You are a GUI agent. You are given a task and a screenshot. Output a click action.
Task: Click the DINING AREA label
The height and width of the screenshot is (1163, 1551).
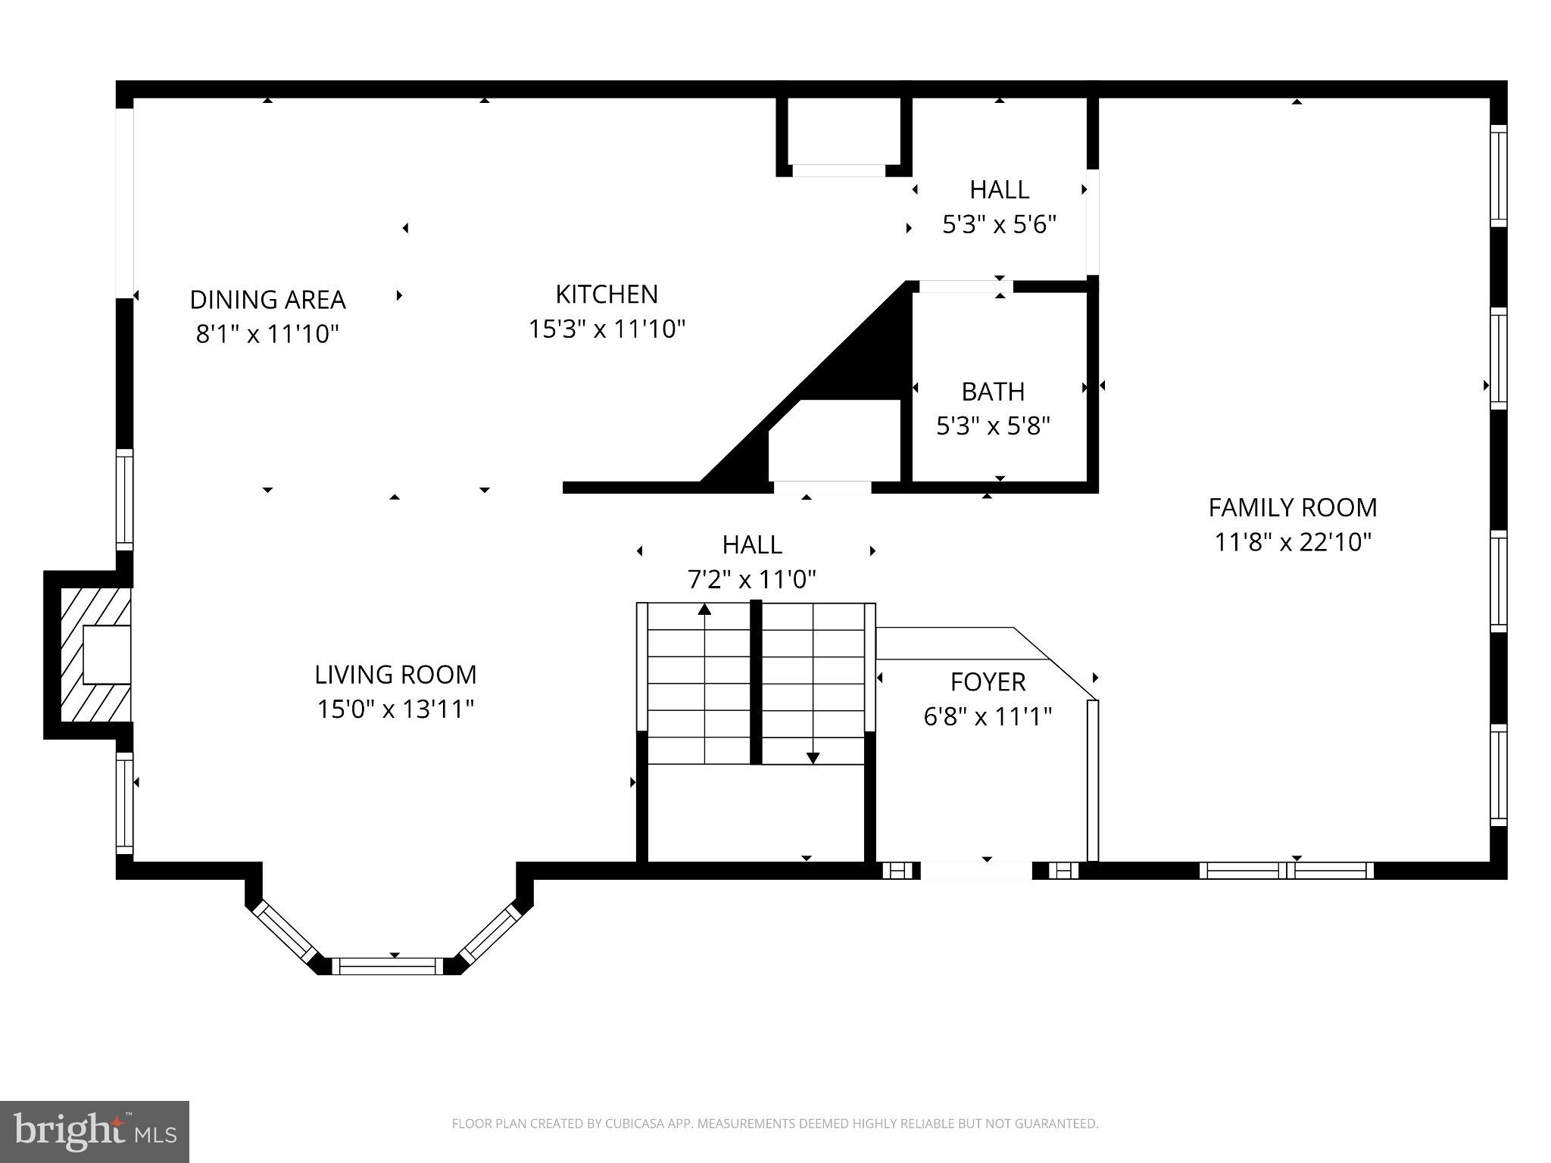pyautogui.click(x=267, y=300)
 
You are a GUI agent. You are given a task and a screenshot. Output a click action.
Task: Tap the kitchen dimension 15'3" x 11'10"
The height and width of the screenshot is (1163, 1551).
pyautogui.click(x=607, y=329)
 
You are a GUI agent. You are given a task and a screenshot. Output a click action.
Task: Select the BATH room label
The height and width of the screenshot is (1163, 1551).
pyautogui.click(x=993, y=391)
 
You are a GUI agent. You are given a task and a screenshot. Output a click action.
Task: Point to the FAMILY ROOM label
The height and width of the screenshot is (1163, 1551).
pyautogui.click(x=1292, y=507)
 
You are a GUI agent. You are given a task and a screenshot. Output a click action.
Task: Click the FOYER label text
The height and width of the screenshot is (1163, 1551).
pyautogui.click(x=988, y=682)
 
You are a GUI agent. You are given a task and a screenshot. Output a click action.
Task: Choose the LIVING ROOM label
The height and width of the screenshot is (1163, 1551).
pyautogui.click(x=395, y=675)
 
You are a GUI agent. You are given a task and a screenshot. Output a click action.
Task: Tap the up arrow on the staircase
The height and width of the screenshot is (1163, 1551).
pyautogui.click(x=705, y=609)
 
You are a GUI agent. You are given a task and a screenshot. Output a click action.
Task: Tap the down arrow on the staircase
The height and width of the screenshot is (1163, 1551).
pyautogui.click(x=813, y=758)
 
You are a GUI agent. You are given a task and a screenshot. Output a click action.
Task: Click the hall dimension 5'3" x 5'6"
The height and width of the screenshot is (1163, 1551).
pyautogui.click(x=999, y=225)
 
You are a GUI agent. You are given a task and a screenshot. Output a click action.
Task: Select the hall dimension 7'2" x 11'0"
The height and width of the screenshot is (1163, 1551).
pyautogui.click(x=751, y=580)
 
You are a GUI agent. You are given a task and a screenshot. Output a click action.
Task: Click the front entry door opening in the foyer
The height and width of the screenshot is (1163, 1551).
pyautogui.click(x=975, y=870)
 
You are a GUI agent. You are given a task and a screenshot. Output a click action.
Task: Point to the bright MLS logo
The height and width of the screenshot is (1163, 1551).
pyautogui.click(x=95, y=1131)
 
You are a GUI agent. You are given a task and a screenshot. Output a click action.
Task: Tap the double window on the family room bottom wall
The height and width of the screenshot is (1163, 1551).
pyautogui.click(x=1286, y=870)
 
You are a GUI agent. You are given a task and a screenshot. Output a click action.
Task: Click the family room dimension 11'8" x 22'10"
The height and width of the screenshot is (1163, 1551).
pyautogui.click(x=1293, y=542)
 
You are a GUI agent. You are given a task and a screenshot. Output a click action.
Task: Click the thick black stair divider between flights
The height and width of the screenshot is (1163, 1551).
pyautogui.click(x=755, y=681)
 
